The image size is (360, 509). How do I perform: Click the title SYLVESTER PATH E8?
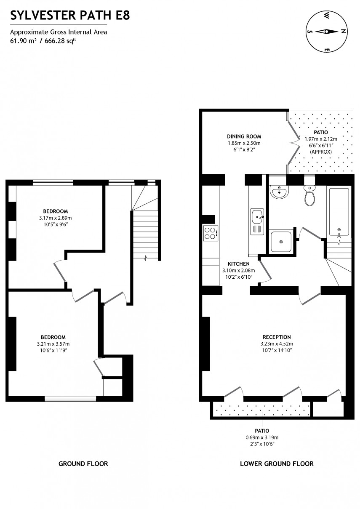(x=70, y=16)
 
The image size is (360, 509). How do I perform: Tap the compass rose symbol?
(x=327, y=32)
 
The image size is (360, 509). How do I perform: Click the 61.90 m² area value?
(x=23, y=40)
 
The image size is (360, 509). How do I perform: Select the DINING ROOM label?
(x=244, y=136)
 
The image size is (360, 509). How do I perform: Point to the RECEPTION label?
(x=277, y=337)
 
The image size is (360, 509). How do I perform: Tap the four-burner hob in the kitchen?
(x=211, y=233)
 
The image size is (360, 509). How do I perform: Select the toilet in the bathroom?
(x=309, y=196)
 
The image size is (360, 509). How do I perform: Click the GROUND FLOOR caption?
(x=83, y=464)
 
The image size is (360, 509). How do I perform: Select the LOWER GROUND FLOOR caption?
(x=277, y=464)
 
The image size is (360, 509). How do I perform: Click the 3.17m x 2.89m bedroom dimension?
(x=55, y=218)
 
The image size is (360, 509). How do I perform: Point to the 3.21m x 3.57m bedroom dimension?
(x=53, y=344)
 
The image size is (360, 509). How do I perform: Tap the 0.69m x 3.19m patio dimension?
(x=261, y=437)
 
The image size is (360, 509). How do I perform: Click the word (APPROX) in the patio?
(x=321, y=151)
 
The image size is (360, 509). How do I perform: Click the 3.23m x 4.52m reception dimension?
(x=277, y=344)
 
